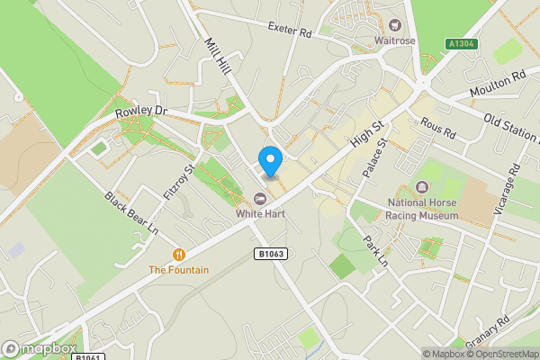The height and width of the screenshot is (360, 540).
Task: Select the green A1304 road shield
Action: pyautogui.click(x=462, y=43)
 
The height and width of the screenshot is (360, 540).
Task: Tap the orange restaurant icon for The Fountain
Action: pyautogui.click(x=179, y=254)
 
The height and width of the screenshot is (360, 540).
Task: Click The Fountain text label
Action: pyautogui.click(x=179, y=269)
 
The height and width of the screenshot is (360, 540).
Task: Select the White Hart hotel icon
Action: pyautogui.click(x=260, y=199)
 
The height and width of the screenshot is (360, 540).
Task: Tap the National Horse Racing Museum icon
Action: pyautogui.click(x=422, y=187)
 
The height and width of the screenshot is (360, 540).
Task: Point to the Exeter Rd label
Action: pyautogui.click(x=289, y=31)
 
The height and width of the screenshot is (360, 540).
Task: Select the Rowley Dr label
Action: pyautogui.click(x=142, y=112)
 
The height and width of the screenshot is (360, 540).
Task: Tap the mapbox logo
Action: pyautogui.click(x=39, y=348)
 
